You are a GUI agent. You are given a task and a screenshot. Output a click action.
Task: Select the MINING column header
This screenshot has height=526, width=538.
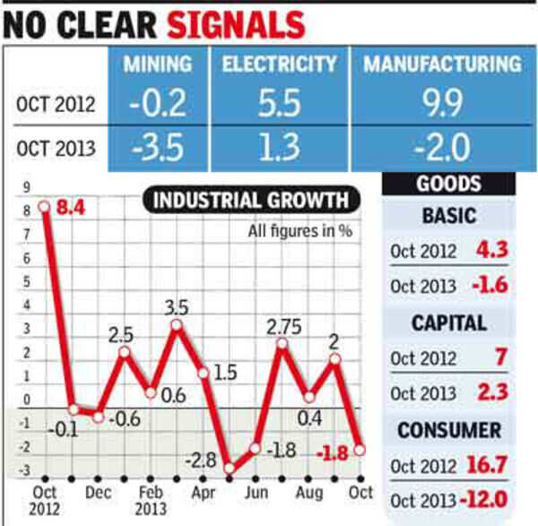[157, 65]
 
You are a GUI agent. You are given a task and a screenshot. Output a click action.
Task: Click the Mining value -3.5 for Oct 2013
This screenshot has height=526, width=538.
[157, 147]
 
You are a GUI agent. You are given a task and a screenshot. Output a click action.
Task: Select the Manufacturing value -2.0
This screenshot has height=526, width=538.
[442, 147]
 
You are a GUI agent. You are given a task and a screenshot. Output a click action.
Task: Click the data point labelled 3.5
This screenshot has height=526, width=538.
[177, 324]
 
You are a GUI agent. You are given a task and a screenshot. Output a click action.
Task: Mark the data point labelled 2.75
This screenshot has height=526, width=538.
[283, 344]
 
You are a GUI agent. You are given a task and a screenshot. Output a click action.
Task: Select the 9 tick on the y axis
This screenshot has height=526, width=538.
[27, 188]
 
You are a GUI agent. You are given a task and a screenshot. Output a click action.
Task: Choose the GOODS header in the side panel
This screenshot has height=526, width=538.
[448, 185]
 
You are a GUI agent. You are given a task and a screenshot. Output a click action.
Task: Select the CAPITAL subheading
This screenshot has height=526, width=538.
[448, 323]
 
